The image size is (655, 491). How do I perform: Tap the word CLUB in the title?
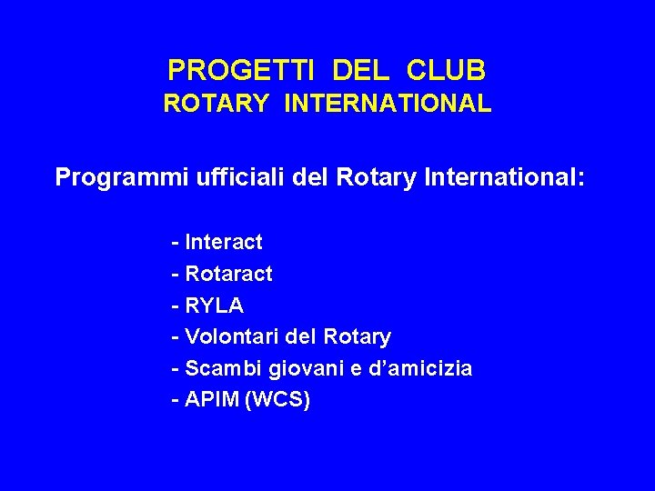pos(447,69)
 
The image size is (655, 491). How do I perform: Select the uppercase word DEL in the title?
pos(361,69)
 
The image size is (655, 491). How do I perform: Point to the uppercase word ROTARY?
pos(216,105)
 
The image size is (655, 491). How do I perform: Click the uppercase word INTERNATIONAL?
pos(388,105)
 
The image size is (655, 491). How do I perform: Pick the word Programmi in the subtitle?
pos(122,176)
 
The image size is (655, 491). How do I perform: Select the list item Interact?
pos(223,242)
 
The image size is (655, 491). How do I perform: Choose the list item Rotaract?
pos(228,274)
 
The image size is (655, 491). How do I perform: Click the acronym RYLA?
pos(214,306)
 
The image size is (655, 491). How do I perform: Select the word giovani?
pos(298,369)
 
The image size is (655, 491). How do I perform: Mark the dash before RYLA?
pos(175,306)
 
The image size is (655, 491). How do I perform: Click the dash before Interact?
pos(175,243)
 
